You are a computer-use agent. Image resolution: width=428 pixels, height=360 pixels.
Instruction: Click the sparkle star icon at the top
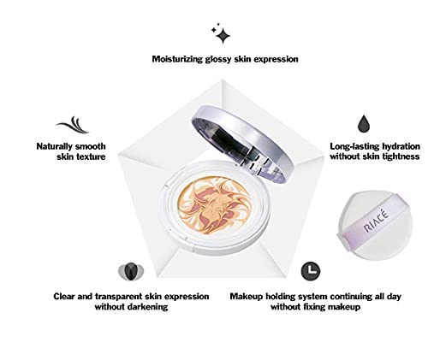(x=221, y=34)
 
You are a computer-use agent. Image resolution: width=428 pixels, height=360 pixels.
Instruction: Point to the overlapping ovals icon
(x=129, y=272)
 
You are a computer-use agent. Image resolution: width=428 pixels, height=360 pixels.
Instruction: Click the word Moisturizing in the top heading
(x=181, y=59)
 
